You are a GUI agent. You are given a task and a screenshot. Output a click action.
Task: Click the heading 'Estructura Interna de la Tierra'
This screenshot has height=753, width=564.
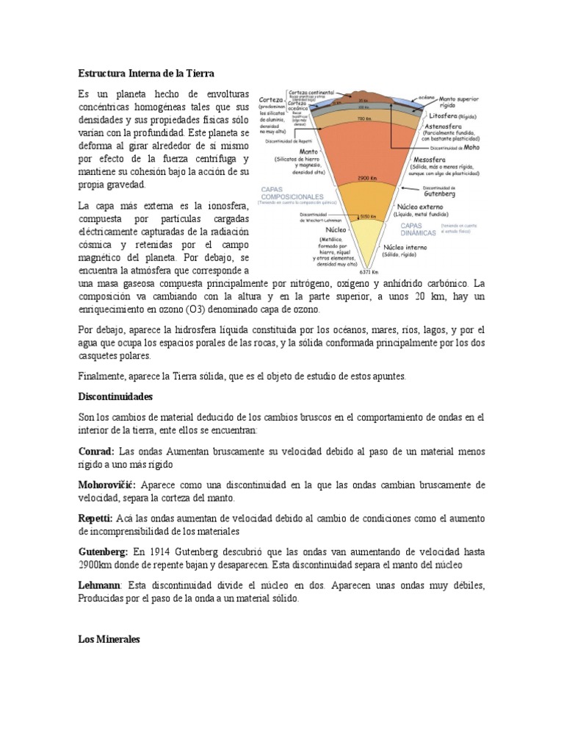tap(146, 73)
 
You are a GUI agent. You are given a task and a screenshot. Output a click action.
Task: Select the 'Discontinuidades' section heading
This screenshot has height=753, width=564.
tap(115, 396)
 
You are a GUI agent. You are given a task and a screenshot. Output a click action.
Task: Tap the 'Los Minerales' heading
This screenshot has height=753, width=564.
tap(109, 639)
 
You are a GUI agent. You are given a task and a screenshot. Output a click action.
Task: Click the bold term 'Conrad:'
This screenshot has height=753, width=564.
tap(96, 451)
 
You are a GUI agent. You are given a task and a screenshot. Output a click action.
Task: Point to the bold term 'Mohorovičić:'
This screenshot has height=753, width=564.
tap(108, 485)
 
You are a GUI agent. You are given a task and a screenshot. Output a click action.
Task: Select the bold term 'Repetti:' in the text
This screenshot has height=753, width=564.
tap(96, 518)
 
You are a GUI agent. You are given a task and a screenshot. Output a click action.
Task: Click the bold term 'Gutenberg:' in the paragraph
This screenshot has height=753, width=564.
tap(104, 552)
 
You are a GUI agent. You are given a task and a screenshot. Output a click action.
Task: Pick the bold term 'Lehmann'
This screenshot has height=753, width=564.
tap(100, 585)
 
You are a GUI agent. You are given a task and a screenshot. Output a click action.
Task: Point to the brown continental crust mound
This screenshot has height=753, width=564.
tap(364, 95)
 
